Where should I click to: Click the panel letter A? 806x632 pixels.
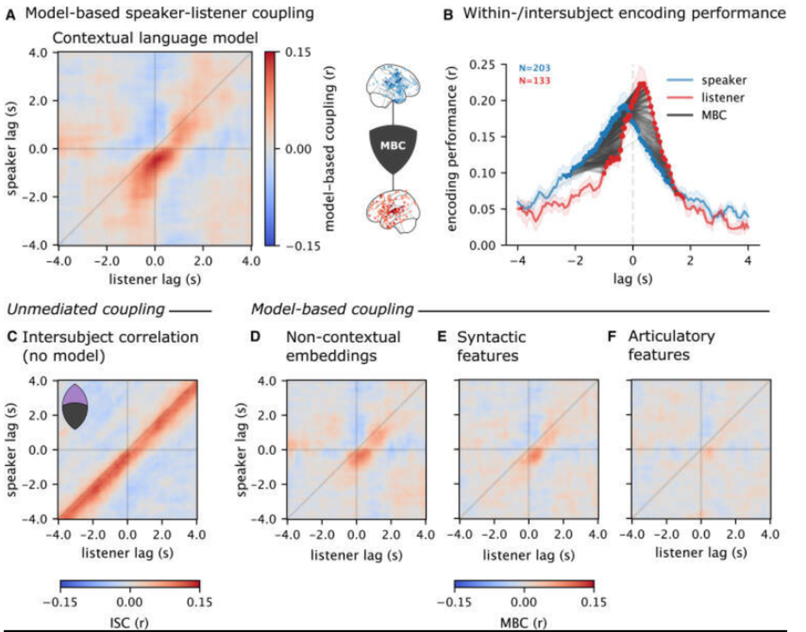10,14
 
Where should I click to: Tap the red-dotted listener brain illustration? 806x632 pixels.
393,211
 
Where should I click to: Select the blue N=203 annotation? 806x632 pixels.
534,68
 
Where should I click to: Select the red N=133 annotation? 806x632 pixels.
534,81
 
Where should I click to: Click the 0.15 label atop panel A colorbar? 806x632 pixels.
298,52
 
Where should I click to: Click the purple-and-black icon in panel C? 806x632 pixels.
75,407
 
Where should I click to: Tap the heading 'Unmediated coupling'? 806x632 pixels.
86,309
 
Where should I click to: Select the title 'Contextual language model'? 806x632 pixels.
155,38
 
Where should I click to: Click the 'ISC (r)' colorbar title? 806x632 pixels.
129,623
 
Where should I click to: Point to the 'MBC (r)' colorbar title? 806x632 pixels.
523,623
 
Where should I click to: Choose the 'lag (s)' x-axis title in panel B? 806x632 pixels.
632,279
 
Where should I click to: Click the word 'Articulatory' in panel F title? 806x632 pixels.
671,336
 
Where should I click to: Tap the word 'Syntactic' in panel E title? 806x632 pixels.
491,337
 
